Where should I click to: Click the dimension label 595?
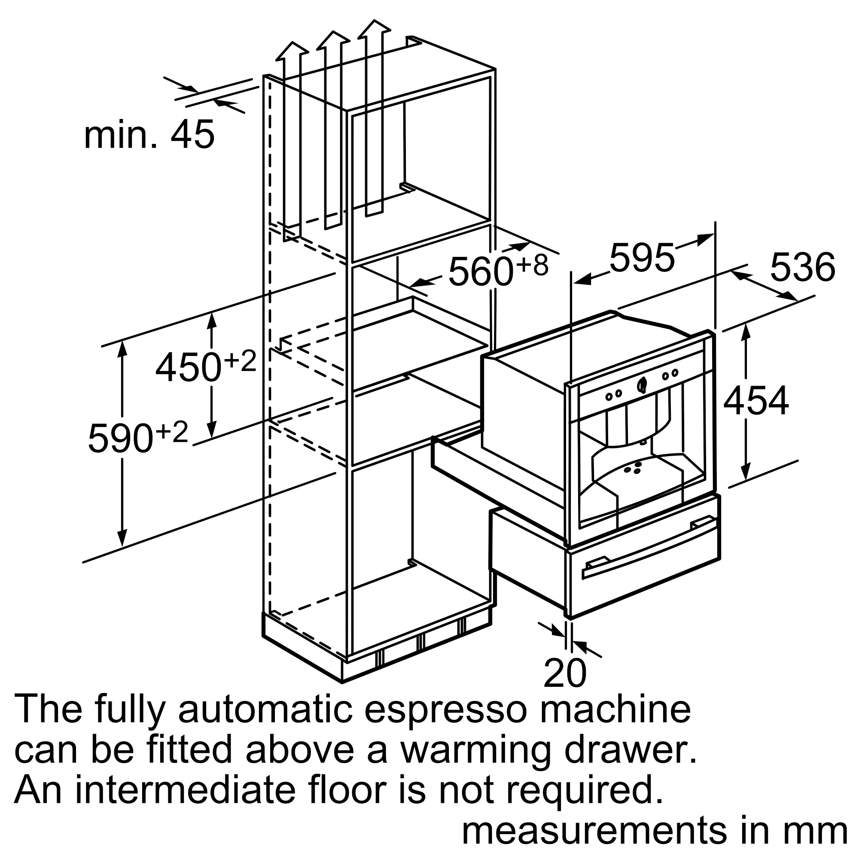click(x=642, y=258)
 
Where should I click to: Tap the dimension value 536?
click(x=803, y=268)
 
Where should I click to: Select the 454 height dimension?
click(x=756, y=402)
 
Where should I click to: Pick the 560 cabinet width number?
click(x=481, y=271)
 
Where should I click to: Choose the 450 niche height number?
click(x=188, y=367)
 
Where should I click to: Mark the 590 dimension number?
click(x=121, y=439)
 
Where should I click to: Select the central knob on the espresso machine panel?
click(x=642, y=384)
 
